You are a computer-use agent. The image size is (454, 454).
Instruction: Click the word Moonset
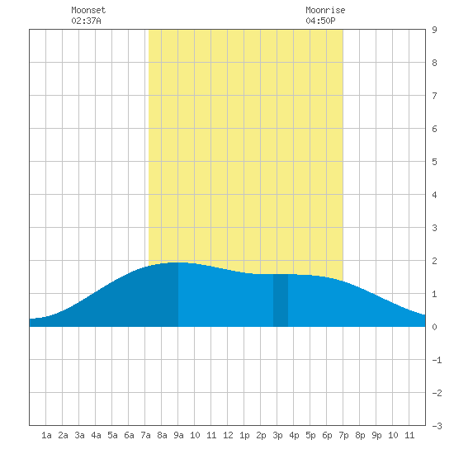click(88, 10)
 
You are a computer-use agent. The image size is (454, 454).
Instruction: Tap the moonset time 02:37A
click(86, 21)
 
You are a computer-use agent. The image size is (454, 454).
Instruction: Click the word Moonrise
click(325, 10)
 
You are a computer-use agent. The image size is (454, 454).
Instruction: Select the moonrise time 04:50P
click(320, 21)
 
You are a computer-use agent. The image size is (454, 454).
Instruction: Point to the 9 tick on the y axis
click(434, 30)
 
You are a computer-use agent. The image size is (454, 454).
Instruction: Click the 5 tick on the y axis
click(434, 162)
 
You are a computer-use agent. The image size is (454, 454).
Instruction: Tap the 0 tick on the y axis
click(434, 327)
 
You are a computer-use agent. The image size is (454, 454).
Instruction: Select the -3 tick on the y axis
click(437, 426)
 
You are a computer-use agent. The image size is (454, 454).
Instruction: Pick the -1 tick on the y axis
click(437, 360)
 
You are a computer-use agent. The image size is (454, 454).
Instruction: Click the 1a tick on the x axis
click(46, 435)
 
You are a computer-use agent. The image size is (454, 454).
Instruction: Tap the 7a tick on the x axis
click(145, 435)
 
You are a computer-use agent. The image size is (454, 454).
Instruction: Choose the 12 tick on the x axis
click(228, 435)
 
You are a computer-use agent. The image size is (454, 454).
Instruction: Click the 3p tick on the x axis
click(277, 435)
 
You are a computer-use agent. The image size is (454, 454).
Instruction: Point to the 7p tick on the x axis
click(343, 435)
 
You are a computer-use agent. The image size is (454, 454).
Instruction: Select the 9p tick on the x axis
click(376, 435)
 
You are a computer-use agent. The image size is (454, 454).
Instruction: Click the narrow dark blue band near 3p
click(281, 300)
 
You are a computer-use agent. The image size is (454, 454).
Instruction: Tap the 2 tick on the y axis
click(434, 261)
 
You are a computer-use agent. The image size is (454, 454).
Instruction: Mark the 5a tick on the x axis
click(112, 435)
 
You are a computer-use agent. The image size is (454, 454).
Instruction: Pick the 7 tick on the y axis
click(434, 96)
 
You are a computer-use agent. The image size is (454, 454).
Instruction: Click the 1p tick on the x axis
click(244, 435)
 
